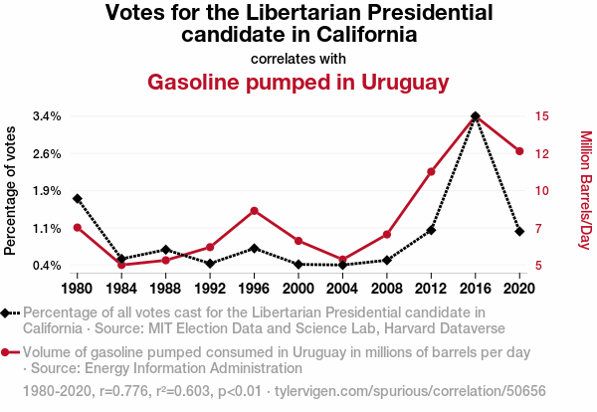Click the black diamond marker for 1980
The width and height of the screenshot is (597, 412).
pos(77,199)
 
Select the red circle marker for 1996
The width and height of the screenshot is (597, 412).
pos(254,211)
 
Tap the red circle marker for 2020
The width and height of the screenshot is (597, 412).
pos(519,151)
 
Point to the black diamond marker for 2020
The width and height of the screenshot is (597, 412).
pos(519,231)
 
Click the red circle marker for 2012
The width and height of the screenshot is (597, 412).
pos(431,172)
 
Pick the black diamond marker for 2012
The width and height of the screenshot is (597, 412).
pos(431,230)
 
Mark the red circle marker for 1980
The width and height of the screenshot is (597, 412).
pos(77,228)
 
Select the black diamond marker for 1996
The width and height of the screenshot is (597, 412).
pos(254,248)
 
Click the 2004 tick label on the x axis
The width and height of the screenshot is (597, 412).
pos(342,289)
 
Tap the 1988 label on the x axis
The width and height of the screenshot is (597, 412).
pos(165,289)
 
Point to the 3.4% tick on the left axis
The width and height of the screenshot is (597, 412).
pos(47,116)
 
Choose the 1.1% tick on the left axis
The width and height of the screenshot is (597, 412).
pos(47,229)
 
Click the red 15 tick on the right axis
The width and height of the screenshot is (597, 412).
pos(541,116)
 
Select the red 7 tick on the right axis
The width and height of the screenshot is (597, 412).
pos(538,229)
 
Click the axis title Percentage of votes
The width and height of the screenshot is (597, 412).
pos(12,190)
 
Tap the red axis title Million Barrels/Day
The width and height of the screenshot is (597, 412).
pos(585,190)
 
